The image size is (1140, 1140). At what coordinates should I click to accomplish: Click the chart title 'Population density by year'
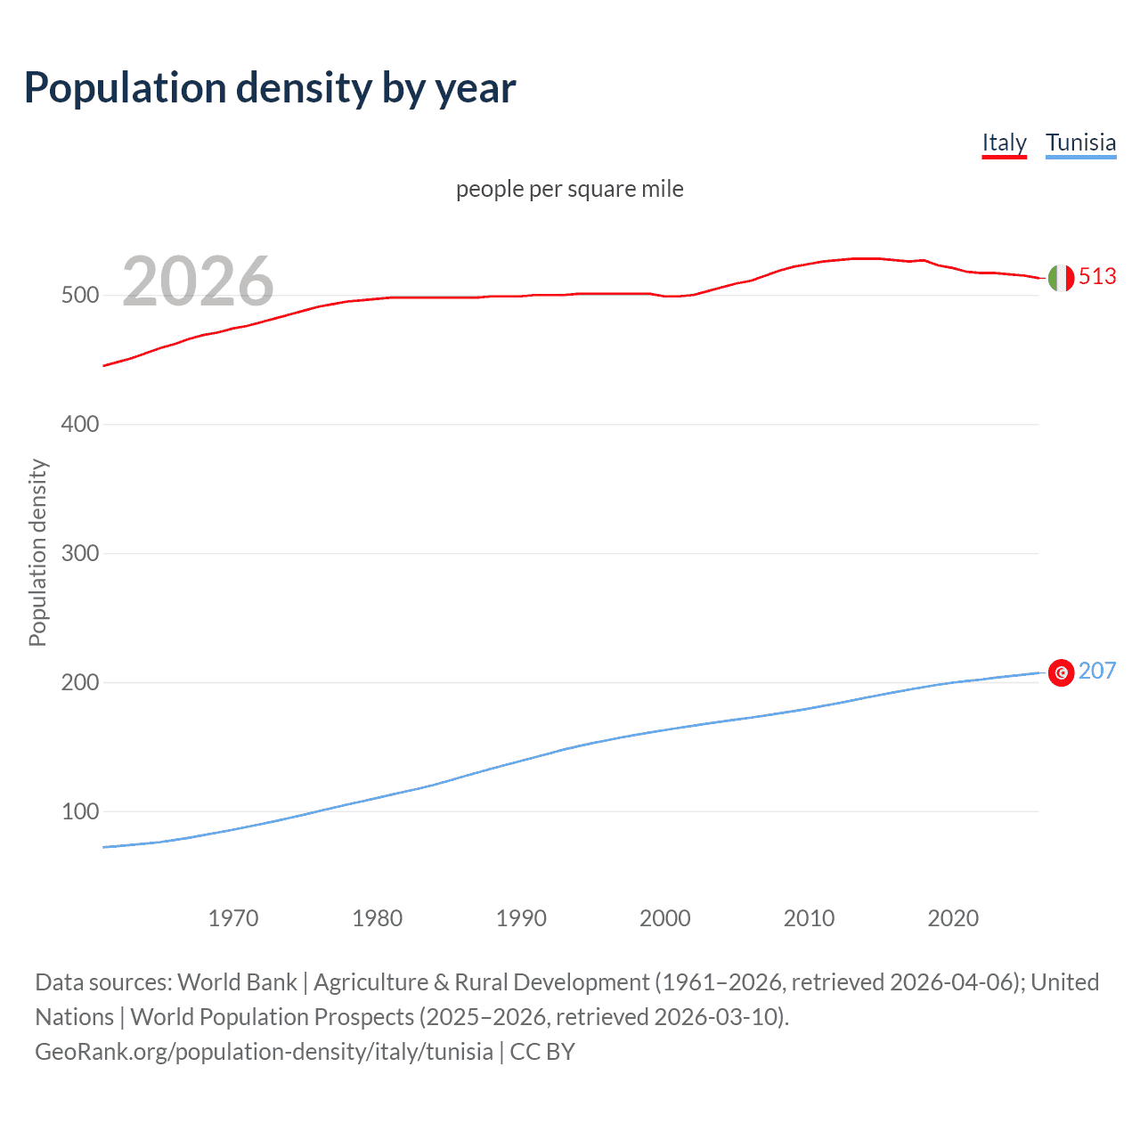click(x=270, y=88)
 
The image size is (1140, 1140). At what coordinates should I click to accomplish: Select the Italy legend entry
click(x=1004, y=142)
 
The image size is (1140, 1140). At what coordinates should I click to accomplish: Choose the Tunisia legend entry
click(x=1080, y=142)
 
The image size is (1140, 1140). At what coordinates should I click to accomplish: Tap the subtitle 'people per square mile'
click(x=570, y=189)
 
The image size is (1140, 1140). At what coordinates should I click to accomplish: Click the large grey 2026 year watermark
click(x=198, y=281)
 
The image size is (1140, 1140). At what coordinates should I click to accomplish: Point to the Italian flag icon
click(x=1061, y=278)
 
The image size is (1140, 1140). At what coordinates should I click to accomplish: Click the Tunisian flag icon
click(x=1061, y=672)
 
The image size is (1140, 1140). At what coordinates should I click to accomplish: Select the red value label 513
click(x=1097, y=277)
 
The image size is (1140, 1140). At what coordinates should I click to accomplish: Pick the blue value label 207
click(x=1097, y=671)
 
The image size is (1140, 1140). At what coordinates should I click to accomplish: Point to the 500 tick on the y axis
click(x=80, y=296)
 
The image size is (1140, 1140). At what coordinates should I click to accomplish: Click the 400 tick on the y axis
click(x=80, y=425)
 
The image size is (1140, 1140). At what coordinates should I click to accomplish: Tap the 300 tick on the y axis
click(x=80, y=554)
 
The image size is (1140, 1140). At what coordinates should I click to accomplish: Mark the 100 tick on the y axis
click(x=80, y=812)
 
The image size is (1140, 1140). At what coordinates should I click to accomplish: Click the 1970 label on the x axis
click(x=233, y=918)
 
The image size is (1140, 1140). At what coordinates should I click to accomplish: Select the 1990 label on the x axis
click(x=521, y=918)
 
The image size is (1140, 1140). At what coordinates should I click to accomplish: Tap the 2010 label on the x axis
click(x=809, y=918)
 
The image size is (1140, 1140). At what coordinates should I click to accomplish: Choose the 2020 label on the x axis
click(x=953, y=918)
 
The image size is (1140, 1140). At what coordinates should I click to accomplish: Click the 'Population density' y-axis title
click(x=37, y=552)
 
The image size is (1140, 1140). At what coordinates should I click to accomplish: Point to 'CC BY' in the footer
click(x=542, y=1052)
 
